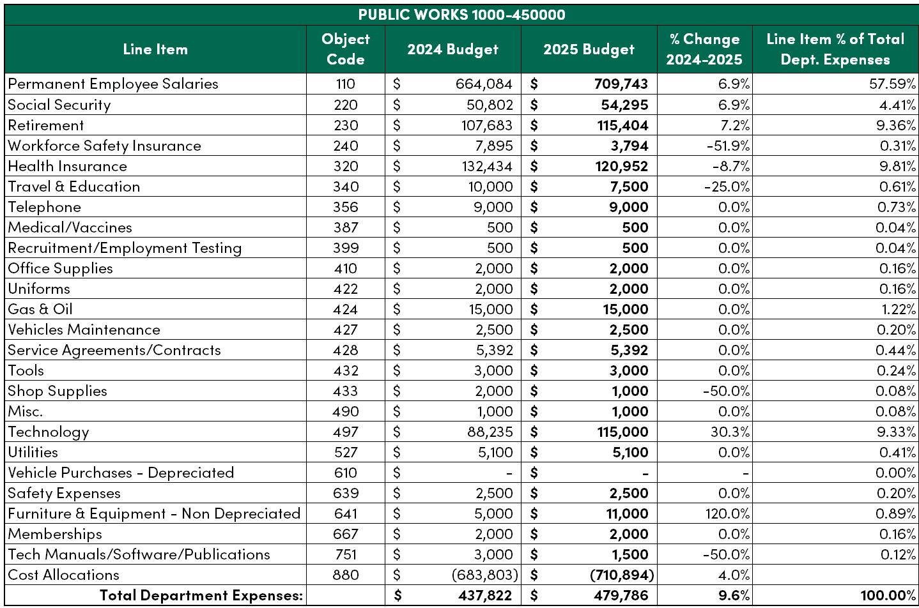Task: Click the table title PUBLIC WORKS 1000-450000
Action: (461, 15)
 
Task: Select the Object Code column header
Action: (346, 49)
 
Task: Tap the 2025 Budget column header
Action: (589, 49)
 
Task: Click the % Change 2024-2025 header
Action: (704, 49)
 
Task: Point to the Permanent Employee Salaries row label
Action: (113, 84)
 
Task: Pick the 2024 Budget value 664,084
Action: (484, 84)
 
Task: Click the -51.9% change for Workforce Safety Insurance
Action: (728, 146)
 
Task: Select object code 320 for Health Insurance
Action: (346, 166)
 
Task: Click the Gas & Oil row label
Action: (40, 308)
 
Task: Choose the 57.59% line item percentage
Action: (892, 84)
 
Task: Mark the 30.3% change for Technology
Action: (730, 432)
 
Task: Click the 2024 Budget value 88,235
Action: (490, 432)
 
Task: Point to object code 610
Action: (346, 473)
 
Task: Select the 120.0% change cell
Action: (727, 513)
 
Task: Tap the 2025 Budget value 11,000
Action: (628, 513)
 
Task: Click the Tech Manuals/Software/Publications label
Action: (139, 554)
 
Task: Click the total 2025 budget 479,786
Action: (621, 595)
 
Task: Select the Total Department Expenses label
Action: (201, 595)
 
